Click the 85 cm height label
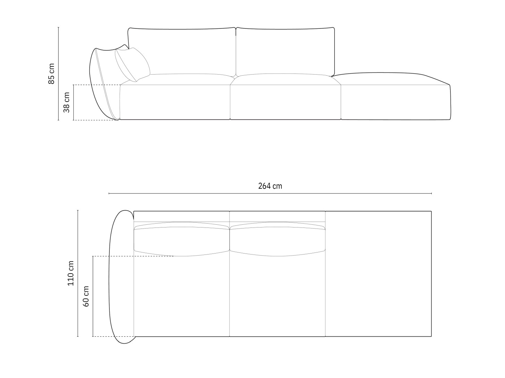coord(51,74)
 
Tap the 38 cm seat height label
coord(66,102)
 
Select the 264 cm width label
coord(270,186)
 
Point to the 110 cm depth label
coord(71,273)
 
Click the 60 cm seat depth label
coord(86,297)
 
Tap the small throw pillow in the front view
coord(133,65)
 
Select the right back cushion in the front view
coord(285,52)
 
